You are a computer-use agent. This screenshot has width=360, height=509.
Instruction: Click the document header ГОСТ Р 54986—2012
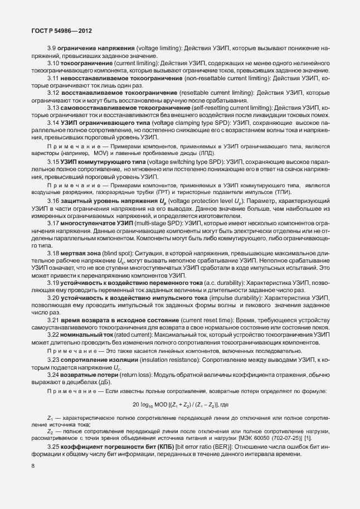(54, 31)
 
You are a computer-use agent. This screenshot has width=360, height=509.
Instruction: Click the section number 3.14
(53, 121)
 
